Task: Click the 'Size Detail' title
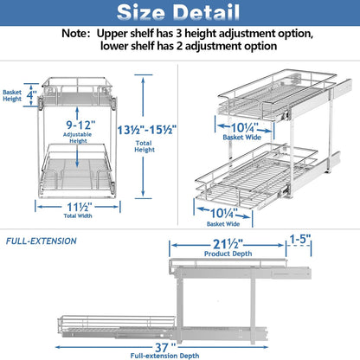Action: tap(180, 14)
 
